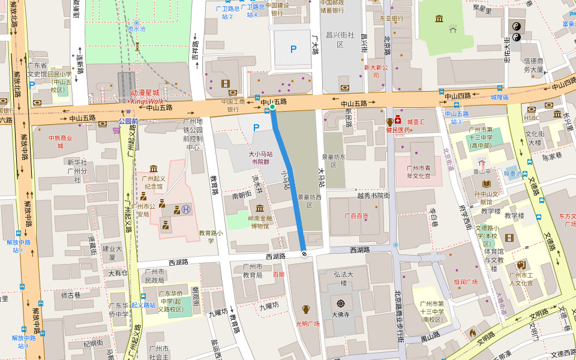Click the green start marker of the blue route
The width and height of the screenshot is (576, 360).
(272, 107)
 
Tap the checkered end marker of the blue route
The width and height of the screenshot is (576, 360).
(304, 253)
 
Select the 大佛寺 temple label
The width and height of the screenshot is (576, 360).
(341, 313)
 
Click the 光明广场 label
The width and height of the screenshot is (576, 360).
(307, 323)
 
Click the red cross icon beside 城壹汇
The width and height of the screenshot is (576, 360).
(397, 121)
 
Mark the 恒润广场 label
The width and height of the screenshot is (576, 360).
(466, 281)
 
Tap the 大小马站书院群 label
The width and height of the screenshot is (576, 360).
(260, 157)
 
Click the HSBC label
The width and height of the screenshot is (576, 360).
(532, 109)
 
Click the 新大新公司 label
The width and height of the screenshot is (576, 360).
(376, 71)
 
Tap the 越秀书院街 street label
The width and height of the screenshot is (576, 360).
(373, 195)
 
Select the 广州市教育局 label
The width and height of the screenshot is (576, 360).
(252, 271)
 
